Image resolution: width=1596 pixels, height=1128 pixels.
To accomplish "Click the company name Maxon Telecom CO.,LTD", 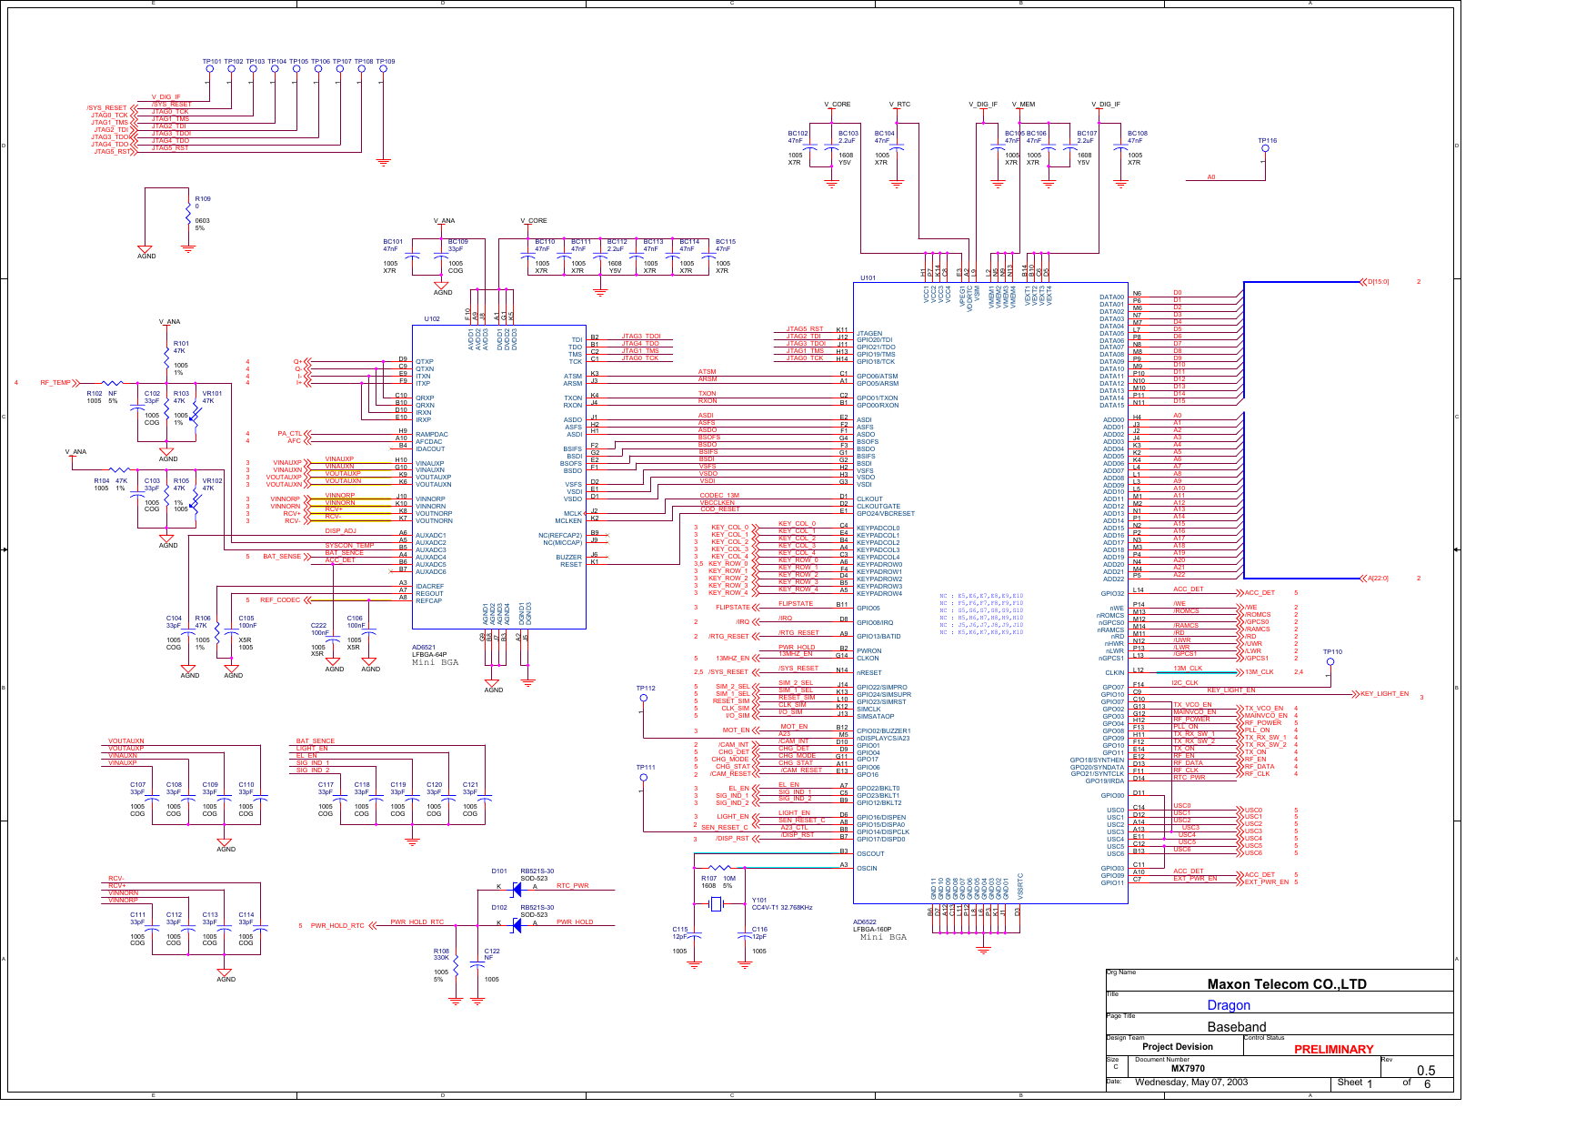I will click(x=1287, y=984).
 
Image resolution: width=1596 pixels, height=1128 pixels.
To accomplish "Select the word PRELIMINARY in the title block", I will click(x=1333, y=1049).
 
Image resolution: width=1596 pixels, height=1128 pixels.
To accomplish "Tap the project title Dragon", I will click(x=1229, y=1005).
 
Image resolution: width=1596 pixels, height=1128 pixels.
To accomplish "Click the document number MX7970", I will click(x=1188, y=1069).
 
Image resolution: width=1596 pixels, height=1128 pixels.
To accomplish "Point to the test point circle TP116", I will click(x=1265, y=148).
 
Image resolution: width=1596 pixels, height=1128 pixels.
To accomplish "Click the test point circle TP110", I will click(x=1330, y=661).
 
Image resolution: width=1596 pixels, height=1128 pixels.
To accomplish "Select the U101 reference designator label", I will click(x=868, y=278).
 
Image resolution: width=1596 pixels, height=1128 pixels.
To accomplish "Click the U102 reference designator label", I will click(x=432, y=319).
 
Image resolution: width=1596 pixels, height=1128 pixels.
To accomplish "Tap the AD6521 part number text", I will click(x=424, y=649).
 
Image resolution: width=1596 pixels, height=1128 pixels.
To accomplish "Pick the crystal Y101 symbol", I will click(x=716, y=903).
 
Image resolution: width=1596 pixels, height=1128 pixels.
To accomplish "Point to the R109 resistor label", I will click(x=203, y=199).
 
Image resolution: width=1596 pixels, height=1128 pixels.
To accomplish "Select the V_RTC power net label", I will click(x=899, y=105).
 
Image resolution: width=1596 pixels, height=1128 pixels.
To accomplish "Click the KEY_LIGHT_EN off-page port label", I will click(x=1384, y=694).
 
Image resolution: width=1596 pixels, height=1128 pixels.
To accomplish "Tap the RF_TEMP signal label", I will click(x=55, y=383).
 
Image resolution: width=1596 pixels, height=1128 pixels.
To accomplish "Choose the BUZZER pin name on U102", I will click(x=568, y=558).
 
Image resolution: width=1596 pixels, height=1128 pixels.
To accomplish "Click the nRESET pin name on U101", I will click(x=869, y=673).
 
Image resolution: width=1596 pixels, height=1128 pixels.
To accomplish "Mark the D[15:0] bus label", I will click(x=1379, y=282).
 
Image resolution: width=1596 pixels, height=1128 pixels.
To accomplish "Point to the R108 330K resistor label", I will click(x=441, y=954).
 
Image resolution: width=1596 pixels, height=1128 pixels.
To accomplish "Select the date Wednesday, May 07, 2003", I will click(x=1191, y=1083).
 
